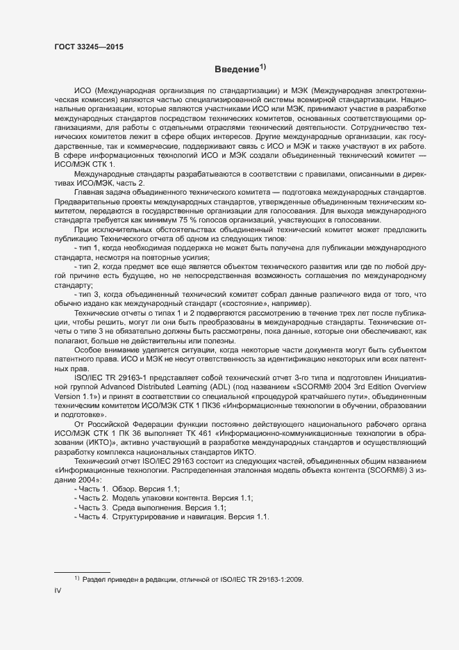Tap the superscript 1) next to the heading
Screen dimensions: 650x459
coord(262,67)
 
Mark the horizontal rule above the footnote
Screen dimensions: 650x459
coord(82,571)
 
